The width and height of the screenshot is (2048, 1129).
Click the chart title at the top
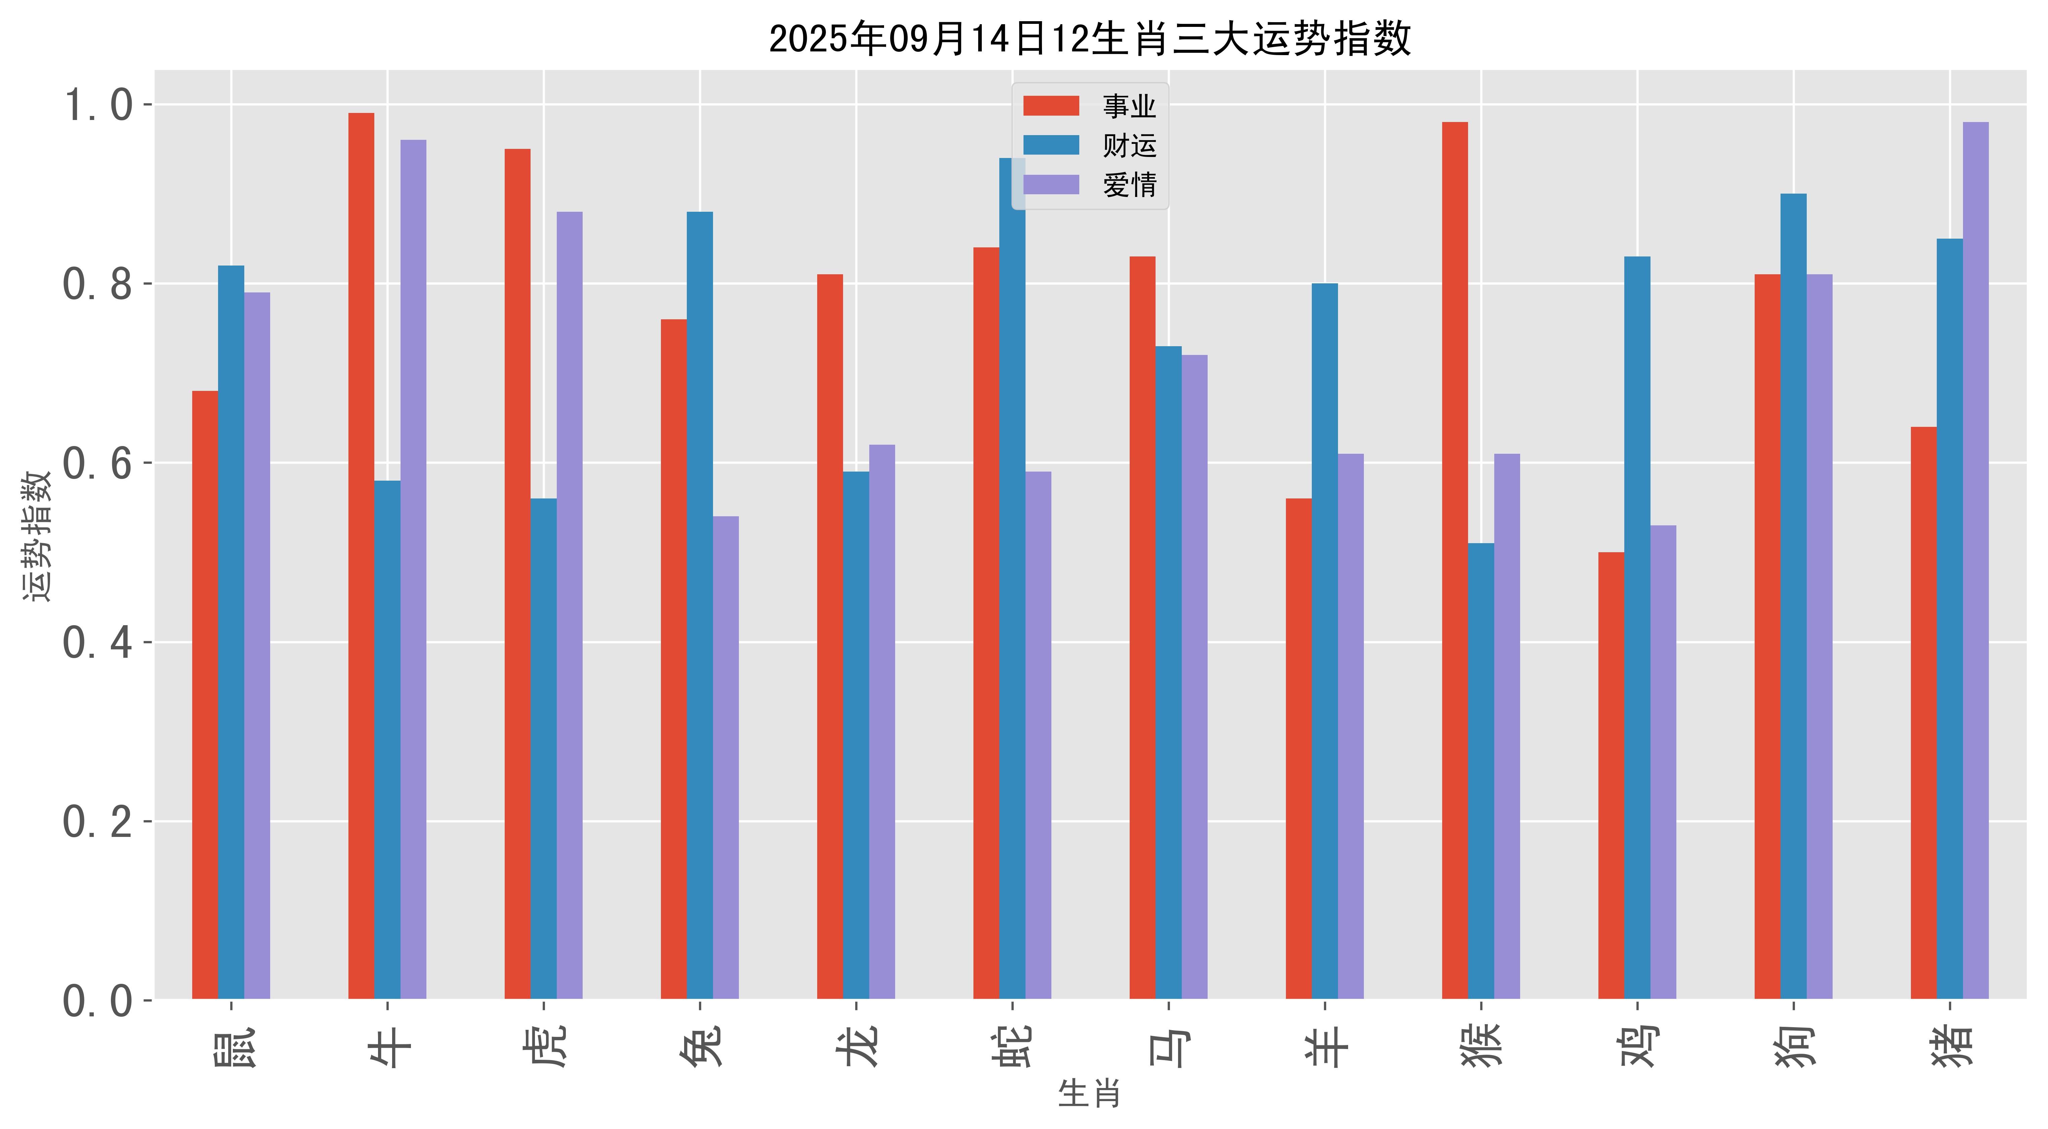click(1089, 38)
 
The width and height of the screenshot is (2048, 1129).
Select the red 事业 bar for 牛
click(361, 557)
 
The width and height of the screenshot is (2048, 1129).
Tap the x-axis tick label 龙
click(856, 1046)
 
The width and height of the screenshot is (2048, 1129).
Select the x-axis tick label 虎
click(544, 1046)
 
